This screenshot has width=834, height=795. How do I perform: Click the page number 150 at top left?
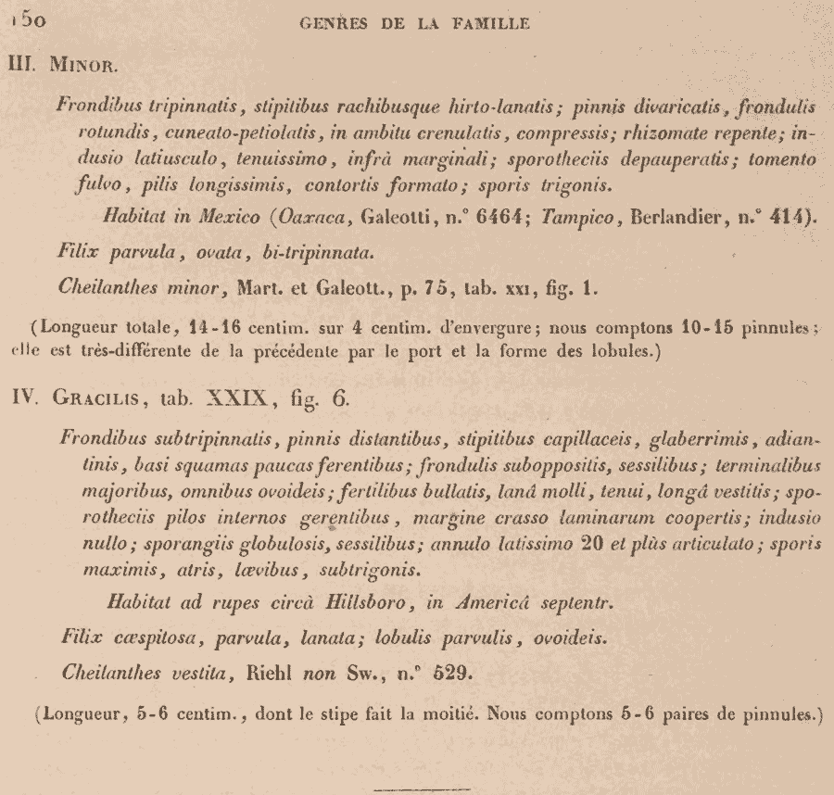click(23, 21)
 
